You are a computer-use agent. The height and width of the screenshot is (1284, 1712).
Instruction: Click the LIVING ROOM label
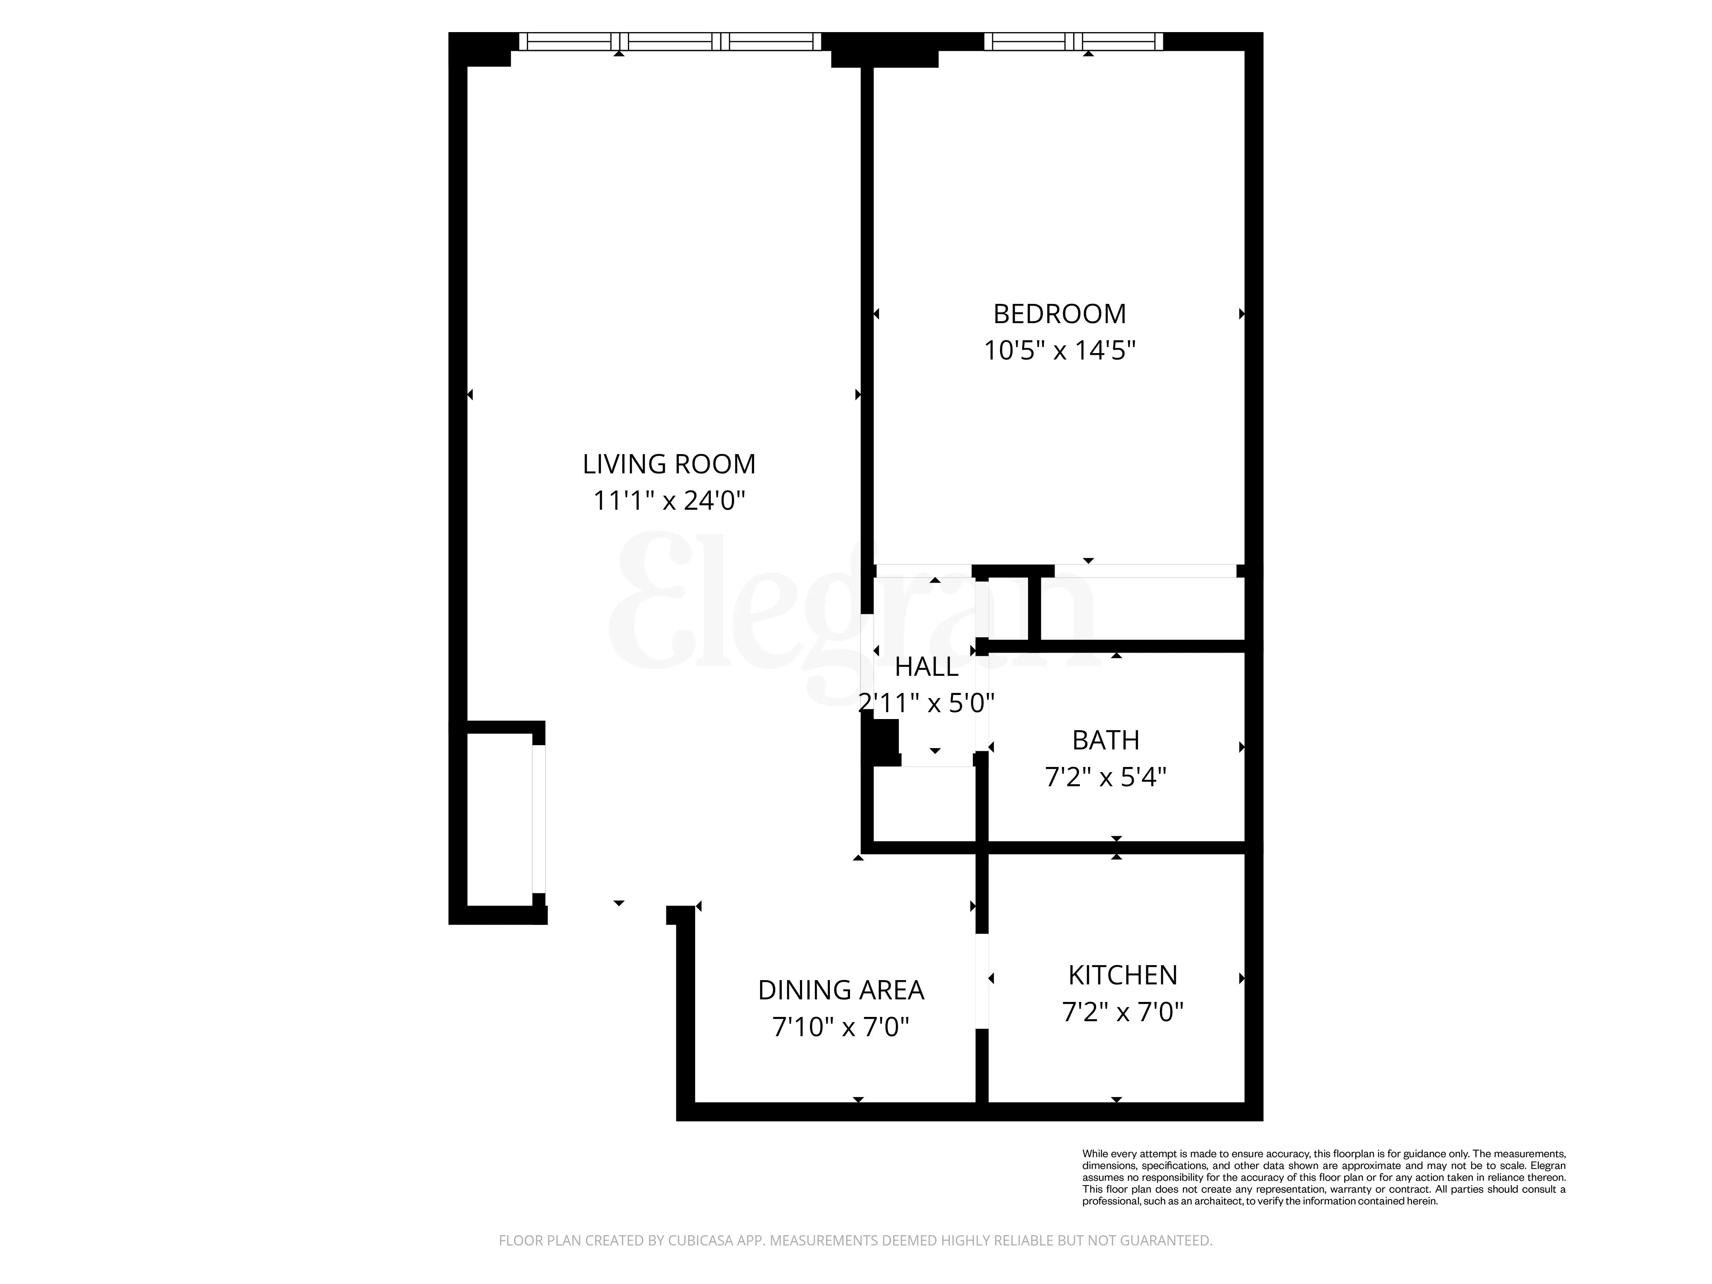pos(669,464)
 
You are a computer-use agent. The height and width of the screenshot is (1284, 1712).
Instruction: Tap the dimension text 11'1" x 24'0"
pos(669,501)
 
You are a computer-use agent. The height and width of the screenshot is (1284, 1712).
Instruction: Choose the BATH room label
pos(1105,741)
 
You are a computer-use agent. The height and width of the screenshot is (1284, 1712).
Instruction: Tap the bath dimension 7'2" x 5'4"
pos(1105,777)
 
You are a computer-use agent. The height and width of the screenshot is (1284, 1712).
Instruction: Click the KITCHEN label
pos(1122,975)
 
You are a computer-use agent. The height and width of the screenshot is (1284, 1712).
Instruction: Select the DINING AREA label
pos(841,990)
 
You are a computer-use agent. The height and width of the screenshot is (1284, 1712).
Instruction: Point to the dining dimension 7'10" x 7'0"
pos(841,1027)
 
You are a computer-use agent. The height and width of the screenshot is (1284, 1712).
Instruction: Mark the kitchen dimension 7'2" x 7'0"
pos(1122,1011)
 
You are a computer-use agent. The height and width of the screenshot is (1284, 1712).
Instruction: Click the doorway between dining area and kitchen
pos(981,981)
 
